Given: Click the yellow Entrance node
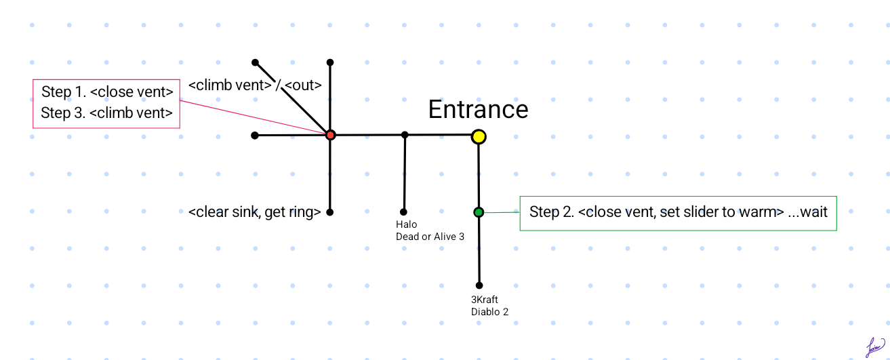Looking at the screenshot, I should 479,136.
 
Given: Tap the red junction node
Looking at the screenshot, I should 330,135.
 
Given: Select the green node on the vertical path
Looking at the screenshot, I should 479,212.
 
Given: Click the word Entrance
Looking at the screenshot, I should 478,109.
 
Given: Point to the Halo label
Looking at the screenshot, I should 406,224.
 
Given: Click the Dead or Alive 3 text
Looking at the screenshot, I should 429,237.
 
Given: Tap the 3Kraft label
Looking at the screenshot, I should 485,299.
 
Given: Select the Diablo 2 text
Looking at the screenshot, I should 489,312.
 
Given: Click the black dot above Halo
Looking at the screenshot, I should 404,212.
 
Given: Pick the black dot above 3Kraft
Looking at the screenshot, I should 479,285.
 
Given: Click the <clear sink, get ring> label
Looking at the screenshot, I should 254,212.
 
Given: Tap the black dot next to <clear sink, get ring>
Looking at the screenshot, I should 330,212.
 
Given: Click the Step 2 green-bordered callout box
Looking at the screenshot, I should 678,213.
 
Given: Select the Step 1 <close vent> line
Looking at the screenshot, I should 107,92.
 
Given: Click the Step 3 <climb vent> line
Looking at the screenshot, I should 107,113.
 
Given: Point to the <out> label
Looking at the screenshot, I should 303,86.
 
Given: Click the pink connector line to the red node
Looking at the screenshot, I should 251,117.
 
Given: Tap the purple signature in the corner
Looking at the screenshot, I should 875,347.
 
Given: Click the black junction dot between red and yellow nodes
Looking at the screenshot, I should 405,135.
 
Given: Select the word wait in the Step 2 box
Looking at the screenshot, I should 813,212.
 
